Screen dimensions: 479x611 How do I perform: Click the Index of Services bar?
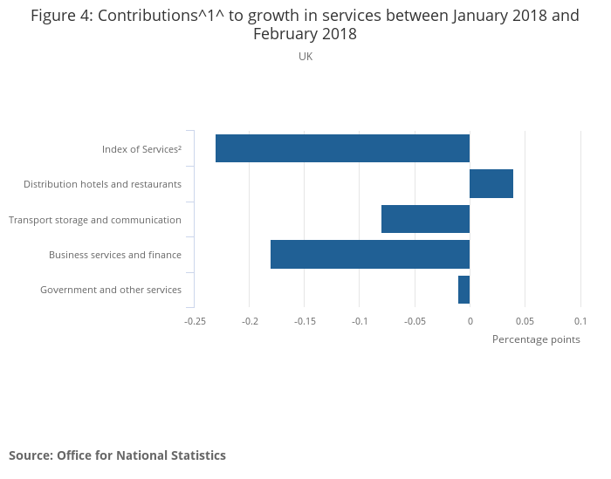click(342, 148)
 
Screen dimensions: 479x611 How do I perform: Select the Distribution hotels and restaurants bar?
click(491, 184)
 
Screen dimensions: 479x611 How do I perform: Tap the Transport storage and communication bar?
click(425, 219)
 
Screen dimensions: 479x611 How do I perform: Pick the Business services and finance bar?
click(370, 254)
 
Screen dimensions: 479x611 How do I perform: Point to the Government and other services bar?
click(463, 290)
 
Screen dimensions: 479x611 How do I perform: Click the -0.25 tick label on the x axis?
click(195, 321)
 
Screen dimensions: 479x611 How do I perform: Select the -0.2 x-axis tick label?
click(250, 321)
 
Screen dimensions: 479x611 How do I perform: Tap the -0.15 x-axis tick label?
click(305, 321)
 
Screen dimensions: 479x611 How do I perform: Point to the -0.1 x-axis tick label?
click(360, 321)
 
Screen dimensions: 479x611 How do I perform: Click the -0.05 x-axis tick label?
click(415, 321)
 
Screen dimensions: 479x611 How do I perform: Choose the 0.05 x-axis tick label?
click(525, 321)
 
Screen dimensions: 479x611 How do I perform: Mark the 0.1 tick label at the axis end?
click(580, 321)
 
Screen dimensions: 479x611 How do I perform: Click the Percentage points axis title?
click(536, 339)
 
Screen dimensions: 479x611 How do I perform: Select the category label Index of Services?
click(141, 149)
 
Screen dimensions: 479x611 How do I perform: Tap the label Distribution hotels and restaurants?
click(102, 184)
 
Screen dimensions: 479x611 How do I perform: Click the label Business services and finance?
click(115, 255)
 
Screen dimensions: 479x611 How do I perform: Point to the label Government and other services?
click(111, 290)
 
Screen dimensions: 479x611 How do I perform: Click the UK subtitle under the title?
click(305, 57)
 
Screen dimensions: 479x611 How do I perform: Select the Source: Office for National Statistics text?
click(117, 455)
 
